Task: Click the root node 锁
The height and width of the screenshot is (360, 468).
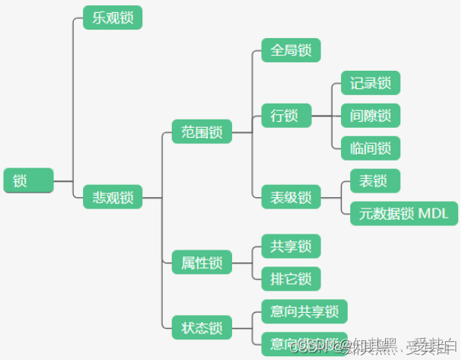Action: click(x=28, y=181)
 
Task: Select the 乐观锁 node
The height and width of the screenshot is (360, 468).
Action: click(x=113, y=18)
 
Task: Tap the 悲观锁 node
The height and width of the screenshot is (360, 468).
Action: click(x=113, y=197)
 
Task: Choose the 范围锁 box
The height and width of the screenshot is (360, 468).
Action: click(x=202, y=131)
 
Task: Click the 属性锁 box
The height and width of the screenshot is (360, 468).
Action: click(x=202, y=263)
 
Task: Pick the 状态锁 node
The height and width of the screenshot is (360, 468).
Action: click(x=202, y=328)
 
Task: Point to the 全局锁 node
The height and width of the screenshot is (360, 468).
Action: click(x=291, y=50)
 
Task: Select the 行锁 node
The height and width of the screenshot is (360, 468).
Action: click(x=285, y=116)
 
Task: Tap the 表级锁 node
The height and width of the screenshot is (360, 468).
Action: click(x=291, y=197)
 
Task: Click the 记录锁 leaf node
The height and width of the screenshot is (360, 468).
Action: click(x=370, y=82)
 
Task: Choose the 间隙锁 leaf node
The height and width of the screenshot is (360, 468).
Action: click(x=370, y=116)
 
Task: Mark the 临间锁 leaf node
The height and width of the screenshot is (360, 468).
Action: click(x=370, y=148)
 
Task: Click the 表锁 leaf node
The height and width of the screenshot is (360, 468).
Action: click(x=374, y=181)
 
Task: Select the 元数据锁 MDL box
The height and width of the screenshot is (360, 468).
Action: click(x=403, y=213)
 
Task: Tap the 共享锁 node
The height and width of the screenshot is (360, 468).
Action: click(x=291, y=247)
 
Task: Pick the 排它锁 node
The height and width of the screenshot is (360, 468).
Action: click(x=291, y=279)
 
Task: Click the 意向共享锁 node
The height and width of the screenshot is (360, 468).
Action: click(x=304, y=311)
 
